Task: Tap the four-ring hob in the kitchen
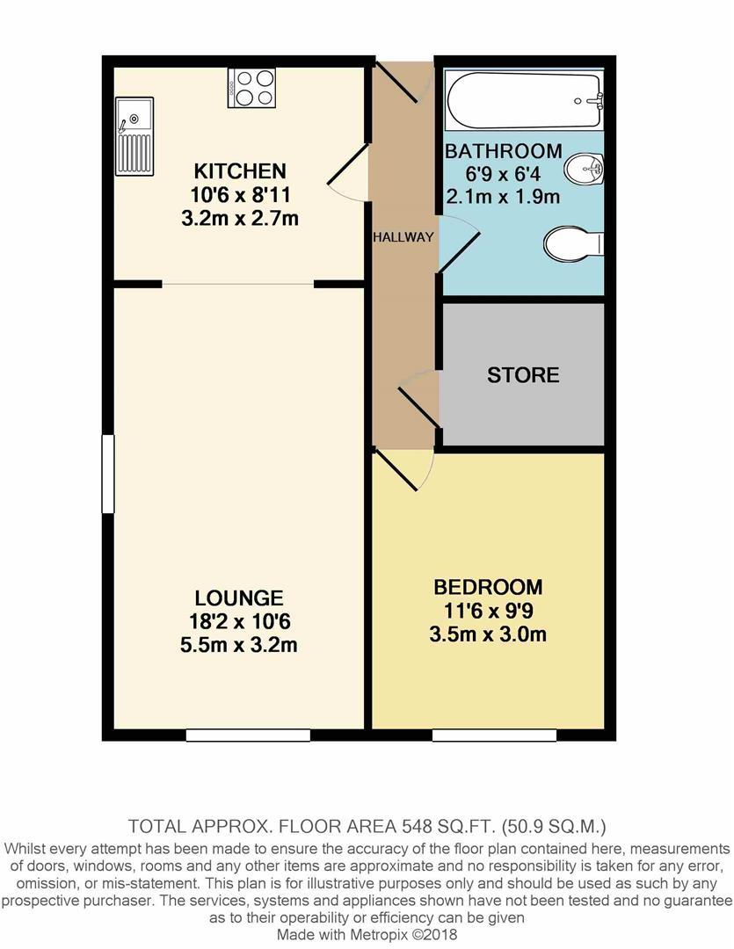251,88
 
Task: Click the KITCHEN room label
240,170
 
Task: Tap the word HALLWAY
403,237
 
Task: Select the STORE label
523,375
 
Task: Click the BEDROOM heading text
488,587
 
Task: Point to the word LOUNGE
239,598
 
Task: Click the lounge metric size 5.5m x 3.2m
239,646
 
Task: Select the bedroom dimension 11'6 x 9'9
488,611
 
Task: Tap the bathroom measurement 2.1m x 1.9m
503,197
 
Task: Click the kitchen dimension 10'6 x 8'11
240,194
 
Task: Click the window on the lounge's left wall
108,474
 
